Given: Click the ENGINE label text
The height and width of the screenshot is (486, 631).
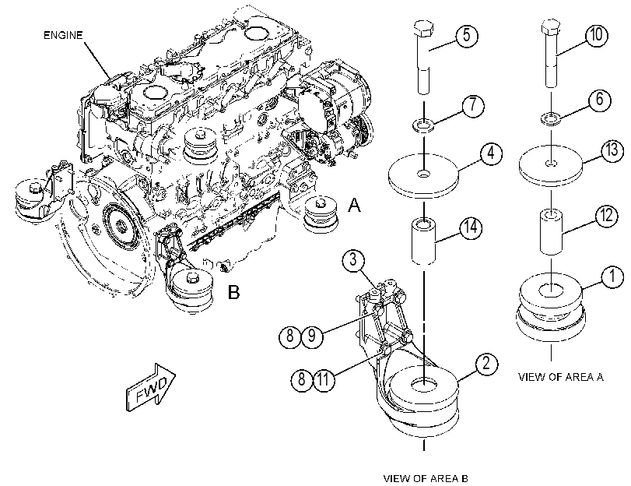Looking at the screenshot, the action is (63, 36).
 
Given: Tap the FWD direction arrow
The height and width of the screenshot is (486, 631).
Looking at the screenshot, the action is (151, 388).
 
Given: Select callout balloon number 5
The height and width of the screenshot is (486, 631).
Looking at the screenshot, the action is (467, 36).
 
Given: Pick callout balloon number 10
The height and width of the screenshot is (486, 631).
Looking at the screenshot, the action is (597, 35).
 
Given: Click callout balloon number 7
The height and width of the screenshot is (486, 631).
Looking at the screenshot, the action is (472, 106).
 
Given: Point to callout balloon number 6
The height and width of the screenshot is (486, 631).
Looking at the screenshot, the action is (600, 99).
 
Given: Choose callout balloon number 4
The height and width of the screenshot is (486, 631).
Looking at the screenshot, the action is (491, 153).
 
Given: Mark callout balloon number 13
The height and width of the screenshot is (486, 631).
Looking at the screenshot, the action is (612, 150).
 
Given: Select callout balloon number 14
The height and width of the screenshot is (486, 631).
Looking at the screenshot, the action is (471, 227).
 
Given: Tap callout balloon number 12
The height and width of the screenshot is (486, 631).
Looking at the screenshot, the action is (606, 217).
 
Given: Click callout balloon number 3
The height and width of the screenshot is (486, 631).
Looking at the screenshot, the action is (353, 260).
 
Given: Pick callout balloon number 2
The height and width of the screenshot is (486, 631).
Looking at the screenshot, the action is (486, 364).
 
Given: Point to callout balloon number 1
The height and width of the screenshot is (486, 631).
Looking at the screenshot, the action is (612, 277).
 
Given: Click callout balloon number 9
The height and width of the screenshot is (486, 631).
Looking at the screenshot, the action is (312, 336).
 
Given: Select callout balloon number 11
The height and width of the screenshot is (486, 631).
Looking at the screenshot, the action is (324, 379).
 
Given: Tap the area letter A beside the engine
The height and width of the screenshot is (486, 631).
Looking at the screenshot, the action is (354, 205).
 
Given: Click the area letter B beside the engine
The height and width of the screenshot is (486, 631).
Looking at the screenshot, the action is (234, 292).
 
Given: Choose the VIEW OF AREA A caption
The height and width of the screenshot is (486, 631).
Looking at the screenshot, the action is (560, 377).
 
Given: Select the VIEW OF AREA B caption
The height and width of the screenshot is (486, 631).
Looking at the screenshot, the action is (426, 479).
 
